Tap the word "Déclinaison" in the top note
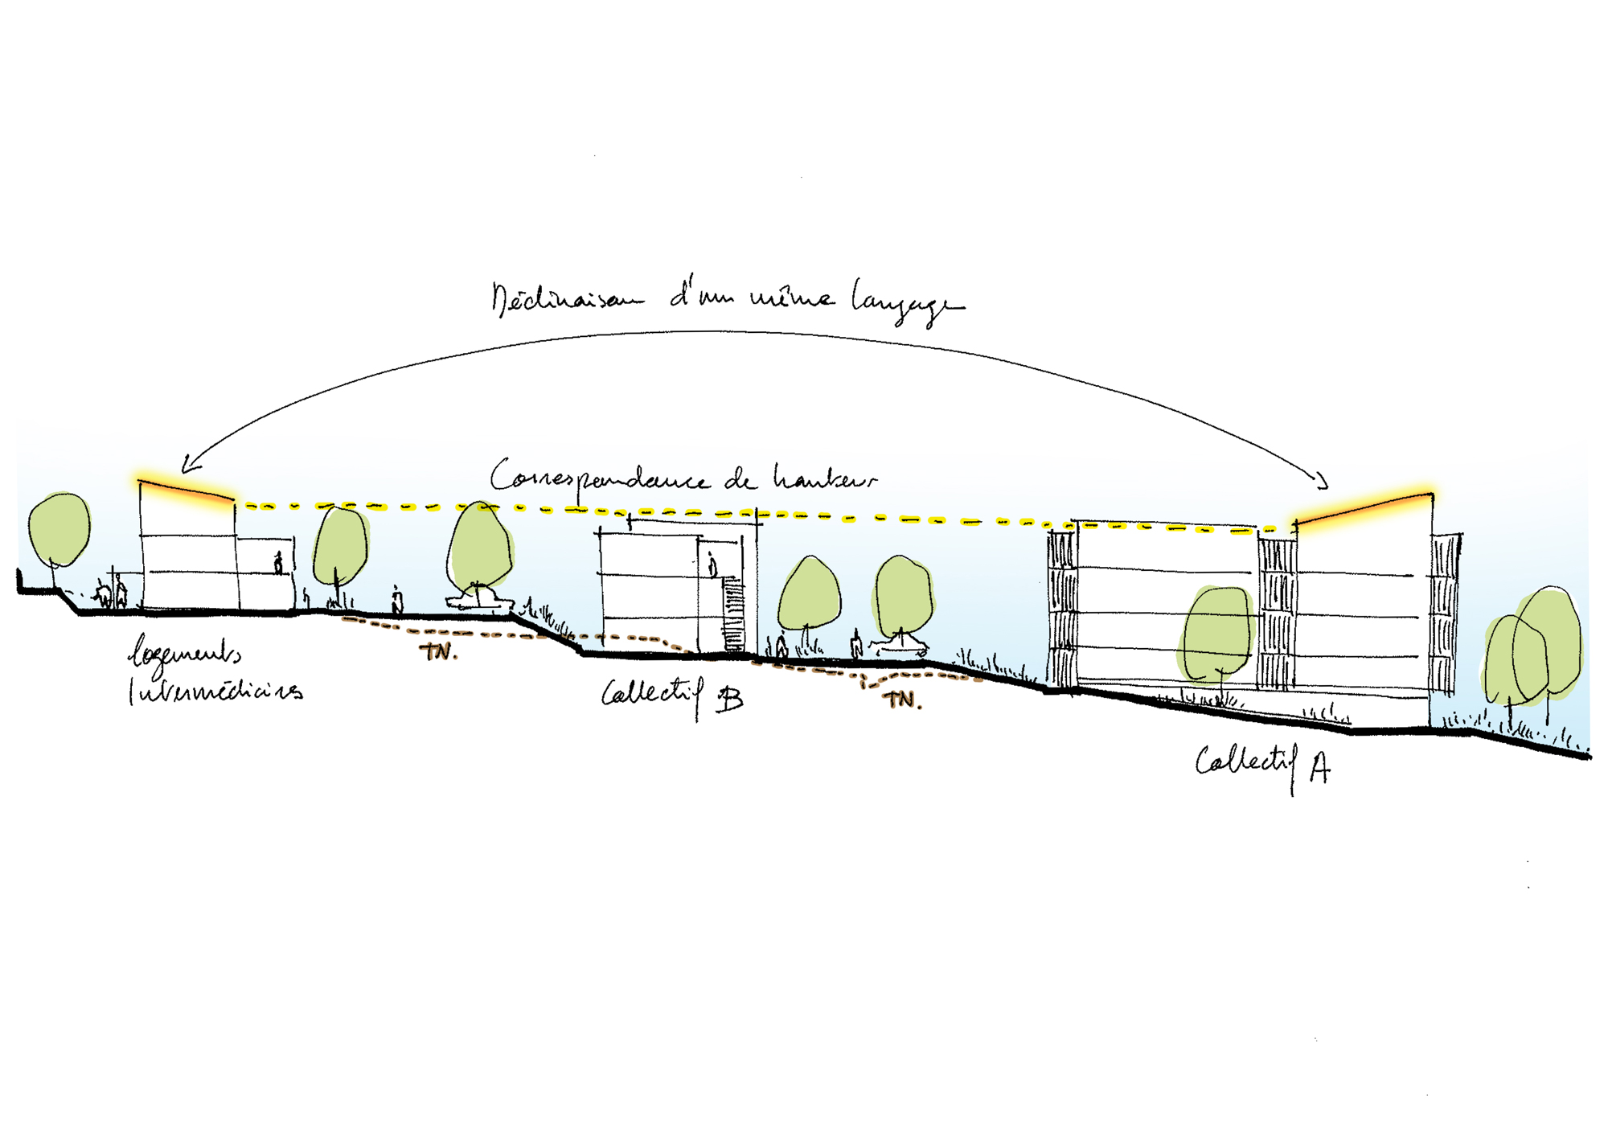pos(567,299)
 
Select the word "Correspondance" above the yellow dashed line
pos(599,478)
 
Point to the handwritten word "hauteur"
pos(823,478)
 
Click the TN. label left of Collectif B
pos(438,651)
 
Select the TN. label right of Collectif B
pos(902,700)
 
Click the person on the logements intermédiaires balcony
pos(279,563)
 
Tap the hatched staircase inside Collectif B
pos(734,616)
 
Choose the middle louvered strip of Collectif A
pos(1276,614)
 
